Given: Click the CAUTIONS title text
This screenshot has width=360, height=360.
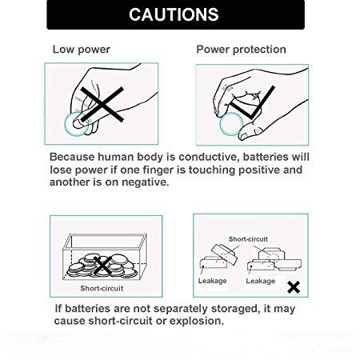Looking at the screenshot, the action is [174, 14].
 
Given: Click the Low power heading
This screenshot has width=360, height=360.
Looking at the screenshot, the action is [82, 50].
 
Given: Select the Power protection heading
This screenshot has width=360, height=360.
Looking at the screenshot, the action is [241, 50].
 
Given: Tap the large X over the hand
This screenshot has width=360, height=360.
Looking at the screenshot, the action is [102, 105].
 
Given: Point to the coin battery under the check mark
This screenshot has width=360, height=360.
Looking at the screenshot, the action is [231, 124].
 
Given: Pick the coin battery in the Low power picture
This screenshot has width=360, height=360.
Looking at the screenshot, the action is [77, 124].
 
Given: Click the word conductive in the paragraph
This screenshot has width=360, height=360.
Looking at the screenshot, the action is [208, 157].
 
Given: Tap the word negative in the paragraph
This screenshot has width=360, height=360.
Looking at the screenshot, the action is [145, 182].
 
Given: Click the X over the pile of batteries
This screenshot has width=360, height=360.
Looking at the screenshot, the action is [103, 266].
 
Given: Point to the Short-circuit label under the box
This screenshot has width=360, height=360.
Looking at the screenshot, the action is [102, 288].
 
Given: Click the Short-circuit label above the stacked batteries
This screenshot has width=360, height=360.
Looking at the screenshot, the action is [248, 239].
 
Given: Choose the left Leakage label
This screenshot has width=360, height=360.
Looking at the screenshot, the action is [212, 281].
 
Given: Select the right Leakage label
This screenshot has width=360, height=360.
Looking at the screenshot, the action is [261, 281].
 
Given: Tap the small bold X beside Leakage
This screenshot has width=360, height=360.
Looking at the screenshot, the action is [294, 287].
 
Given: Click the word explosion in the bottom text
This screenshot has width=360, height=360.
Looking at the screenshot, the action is [197, 321].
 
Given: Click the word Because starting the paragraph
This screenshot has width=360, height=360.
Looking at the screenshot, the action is [72, 157].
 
